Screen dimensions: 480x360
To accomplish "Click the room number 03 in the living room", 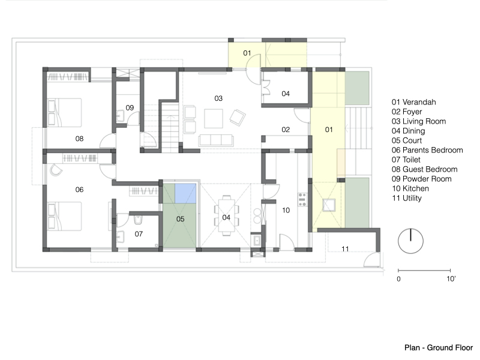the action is [218, 98].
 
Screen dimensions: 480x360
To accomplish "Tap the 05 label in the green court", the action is [181, 219].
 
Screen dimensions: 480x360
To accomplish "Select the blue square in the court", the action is [185, 193].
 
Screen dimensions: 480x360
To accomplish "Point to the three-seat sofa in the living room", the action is [216, 140].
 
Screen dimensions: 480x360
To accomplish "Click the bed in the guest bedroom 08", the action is [65, 112].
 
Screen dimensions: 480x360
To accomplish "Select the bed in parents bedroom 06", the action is [65, 216].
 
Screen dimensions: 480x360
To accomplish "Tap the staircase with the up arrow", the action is [170, 128].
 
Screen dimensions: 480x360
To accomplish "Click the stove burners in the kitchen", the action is [302, 200].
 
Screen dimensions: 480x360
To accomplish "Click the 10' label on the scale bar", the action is [451, 279].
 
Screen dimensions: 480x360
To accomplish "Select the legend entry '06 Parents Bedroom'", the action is [427, 150].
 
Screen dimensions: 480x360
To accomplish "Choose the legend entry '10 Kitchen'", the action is [410, 188].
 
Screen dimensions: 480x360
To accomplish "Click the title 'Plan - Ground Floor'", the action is [439, 348].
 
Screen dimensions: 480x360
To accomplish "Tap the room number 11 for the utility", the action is [345, 249].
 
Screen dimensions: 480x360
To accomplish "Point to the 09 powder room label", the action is [130, 108].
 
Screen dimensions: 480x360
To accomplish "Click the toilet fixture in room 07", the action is [138, 220].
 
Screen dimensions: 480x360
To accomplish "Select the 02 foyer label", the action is [286, 130].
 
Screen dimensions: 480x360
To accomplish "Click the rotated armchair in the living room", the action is [238, 117].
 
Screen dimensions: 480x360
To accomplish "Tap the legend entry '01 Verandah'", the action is [413, 102].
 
